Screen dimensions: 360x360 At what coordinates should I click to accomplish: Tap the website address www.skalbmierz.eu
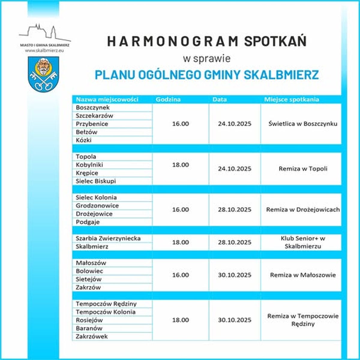[45, 50]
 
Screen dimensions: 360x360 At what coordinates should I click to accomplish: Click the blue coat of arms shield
[43, 74]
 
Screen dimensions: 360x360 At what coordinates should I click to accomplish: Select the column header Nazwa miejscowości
[107, 99]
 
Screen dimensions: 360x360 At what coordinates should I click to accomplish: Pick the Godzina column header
[168, 99]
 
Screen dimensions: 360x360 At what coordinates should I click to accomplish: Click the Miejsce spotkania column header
[291, 99]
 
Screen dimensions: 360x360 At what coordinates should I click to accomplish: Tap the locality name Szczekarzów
[94, 115]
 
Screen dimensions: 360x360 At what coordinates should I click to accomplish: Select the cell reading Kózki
[84, 140]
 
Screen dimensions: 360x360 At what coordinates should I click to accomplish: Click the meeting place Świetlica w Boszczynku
[303, 124]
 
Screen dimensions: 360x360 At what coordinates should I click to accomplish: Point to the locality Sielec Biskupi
[96, 181]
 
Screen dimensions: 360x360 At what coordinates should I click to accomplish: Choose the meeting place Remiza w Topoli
[303, 169]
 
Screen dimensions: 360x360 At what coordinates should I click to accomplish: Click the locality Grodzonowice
[97, 205]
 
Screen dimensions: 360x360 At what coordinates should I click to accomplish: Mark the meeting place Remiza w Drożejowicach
[303, 209]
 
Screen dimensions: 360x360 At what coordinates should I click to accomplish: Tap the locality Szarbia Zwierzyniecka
[108, 238]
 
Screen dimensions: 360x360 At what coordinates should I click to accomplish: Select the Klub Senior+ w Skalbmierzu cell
[303, 242]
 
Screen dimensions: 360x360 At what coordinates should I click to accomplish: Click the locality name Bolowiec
[89, 271]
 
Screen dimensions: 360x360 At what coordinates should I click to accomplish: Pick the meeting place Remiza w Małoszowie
[303, 275]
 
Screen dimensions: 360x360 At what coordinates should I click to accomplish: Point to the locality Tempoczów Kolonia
[106, 312]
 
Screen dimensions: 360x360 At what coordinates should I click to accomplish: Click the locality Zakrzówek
[91, 336]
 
